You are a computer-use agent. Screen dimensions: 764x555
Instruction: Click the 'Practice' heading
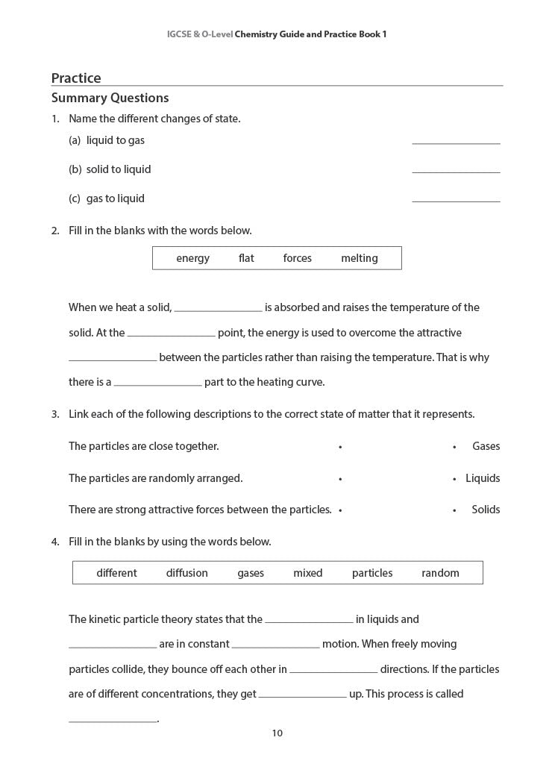(x=76, y=78)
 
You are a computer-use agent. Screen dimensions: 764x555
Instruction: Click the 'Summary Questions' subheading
(x=110, y=98)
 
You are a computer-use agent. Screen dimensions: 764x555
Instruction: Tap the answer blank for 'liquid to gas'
(x=456, y=141)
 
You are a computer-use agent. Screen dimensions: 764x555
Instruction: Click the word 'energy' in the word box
(x=192, y=258)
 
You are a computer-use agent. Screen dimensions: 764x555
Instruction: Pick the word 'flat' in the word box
(x=246, y=258)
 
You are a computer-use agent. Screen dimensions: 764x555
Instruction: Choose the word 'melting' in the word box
(x=360, y=258)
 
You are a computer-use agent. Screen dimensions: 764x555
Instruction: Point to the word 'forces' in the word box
(x=297, y=258)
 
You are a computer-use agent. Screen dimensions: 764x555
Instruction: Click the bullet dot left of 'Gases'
(x=454, y=447)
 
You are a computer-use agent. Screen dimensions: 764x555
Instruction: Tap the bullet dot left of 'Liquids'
(x=454, y=479)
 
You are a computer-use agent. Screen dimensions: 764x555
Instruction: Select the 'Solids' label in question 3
(x=486, y=510)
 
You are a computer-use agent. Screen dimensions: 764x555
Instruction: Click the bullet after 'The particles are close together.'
(x=340, y=447)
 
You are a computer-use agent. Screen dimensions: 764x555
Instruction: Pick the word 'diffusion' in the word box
(x=186, y=573)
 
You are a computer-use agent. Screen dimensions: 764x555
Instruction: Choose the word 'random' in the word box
(x=440, y=573)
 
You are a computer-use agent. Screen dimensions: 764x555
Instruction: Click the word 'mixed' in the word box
(x=307, y=573)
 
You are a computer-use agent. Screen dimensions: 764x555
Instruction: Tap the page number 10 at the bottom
(x=277, y=733)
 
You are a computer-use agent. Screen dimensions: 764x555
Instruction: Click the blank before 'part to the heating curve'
(x=157, y=383)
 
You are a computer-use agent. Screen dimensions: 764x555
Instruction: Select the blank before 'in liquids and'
(x=309, y=620)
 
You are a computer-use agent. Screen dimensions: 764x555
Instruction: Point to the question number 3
(x=54, y=414)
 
